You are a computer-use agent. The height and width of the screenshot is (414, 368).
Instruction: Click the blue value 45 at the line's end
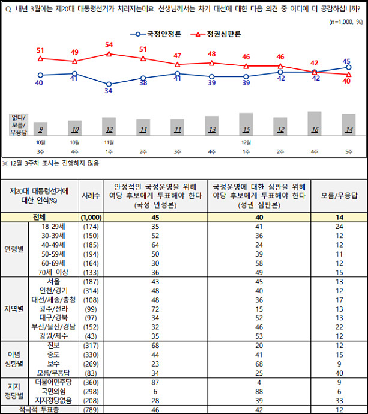pos(347,61)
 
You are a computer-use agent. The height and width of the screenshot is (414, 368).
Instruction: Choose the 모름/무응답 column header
pos(339,195)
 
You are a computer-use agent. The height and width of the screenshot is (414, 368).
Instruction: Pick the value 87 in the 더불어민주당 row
pos(155,382)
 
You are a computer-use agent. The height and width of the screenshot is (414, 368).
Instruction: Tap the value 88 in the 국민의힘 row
pos(258,391)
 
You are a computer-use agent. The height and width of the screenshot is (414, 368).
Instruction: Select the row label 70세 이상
pos(54,271)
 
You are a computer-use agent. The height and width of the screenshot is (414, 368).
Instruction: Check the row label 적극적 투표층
pos(40,409)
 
